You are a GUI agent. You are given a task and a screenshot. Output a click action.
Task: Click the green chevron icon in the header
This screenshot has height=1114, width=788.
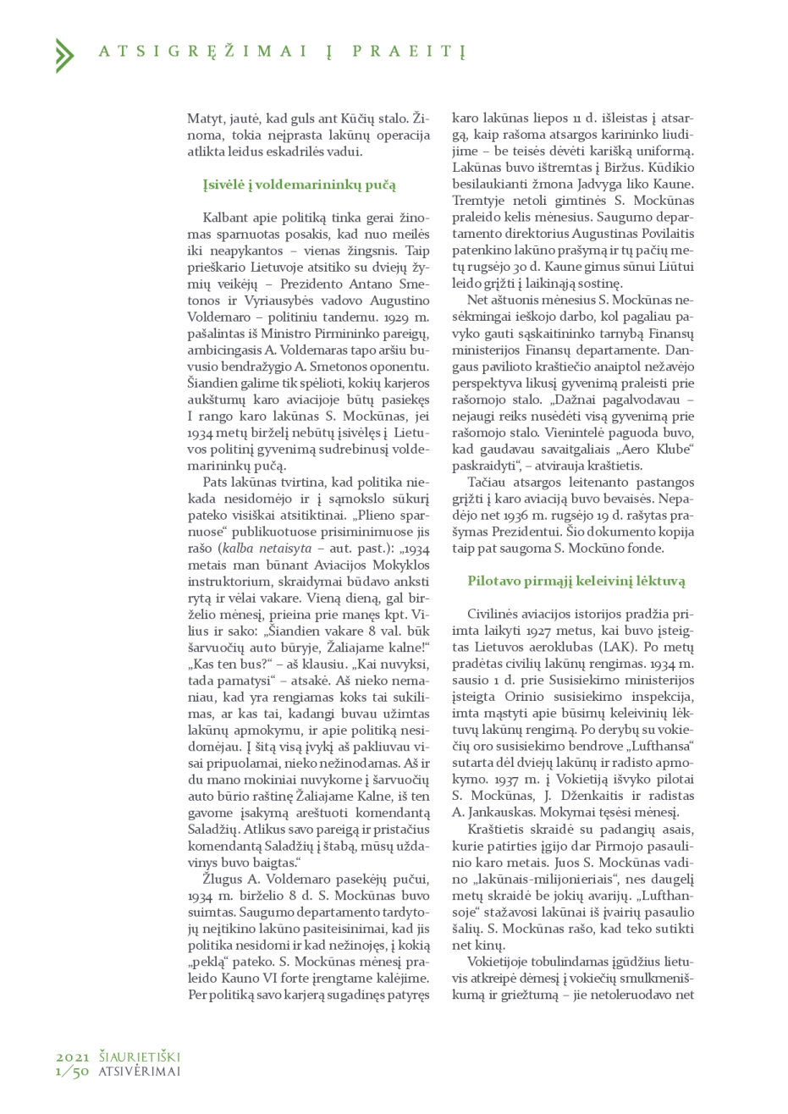pyautogui.click(x=64, y=55)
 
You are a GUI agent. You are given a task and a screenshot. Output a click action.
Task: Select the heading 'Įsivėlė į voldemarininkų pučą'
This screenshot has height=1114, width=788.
pyautogui.click(x=299, y=185)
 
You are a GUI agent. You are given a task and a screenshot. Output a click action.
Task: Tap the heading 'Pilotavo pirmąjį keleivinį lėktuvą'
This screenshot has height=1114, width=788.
pyautogui.click(x=576, y=581)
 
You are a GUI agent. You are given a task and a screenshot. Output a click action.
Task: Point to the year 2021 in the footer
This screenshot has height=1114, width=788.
pyautogui.click(x=73, y=1057)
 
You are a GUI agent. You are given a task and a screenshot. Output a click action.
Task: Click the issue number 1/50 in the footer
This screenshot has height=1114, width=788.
pyautogui.click(x=73, y=1071)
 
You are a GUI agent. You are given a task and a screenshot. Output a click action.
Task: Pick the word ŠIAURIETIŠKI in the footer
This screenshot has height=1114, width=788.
pyautogui.click(x=140, y=1057)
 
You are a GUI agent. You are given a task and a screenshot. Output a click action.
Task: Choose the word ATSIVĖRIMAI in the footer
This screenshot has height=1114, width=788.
pyautogui.click(x=140, y=1071)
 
